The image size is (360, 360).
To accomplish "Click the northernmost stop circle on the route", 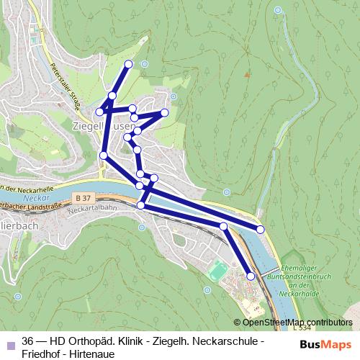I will point(129,64).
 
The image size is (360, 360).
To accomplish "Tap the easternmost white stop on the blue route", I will point(261,229).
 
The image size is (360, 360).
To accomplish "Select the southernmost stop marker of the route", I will point(251,276).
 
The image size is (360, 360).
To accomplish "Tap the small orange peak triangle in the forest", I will point(248,73).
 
